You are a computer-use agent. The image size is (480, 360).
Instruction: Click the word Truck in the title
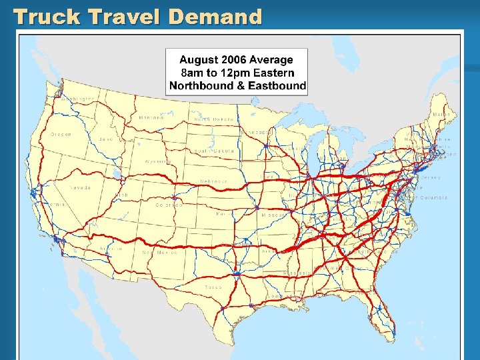[42, 17]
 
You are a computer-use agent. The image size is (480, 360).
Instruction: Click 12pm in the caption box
[237, 73]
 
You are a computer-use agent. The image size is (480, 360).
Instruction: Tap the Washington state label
[78, 99]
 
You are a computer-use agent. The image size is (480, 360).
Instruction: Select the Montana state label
[152, 118]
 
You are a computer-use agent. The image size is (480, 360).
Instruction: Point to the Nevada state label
[80, 188]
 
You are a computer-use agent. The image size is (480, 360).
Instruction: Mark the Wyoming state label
[157, 161]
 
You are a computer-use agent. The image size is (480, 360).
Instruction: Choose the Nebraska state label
[214, 181]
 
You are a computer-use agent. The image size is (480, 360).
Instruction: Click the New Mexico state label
[158, 253]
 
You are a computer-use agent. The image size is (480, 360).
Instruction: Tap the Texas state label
[213, 287]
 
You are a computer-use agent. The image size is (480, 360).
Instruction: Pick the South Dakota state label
[214, 151]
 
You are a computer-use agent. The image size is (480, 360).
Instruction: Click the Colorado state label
[169, 205]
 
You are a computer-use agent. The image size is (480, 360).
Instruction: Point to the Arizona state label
[111, 249]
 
